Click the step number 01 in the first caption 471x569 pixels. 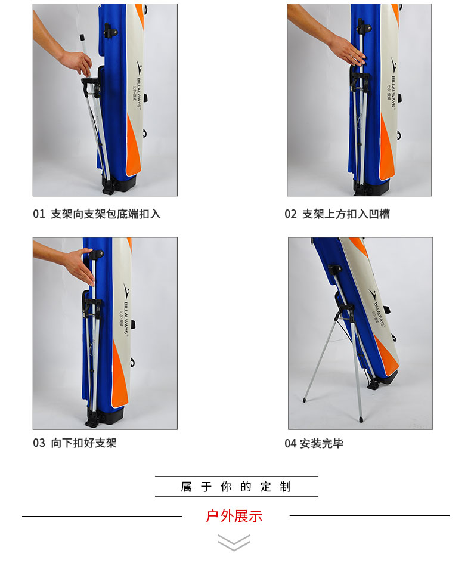(x=39, y=214)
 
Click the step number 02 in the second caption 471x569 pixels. (x=291, y=214)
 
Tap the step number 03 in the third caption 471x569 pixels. (x=39, y=443)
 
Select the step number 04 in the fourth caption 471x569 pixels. (x=291, y=443)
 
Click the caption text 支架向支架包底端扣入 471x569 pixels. (x=106, y=214)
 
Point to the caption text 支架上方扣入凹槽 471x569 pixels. (x=346, y=214)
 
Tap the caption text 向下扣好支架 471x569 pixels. (x=83, y=443)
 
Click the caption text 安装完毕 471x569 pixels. (x=321, y=443)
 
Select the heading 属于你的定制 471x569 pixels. (x=236, y=487)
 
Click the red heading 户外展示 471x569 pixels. (x=234, y=516)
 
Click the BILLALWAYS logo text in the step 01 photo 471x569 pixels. (x=140, y=92)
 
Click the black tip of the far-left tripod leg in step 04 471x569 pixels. (x=304, y=400)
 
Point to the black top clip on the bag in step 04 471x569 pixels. (x=335, y=269)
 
